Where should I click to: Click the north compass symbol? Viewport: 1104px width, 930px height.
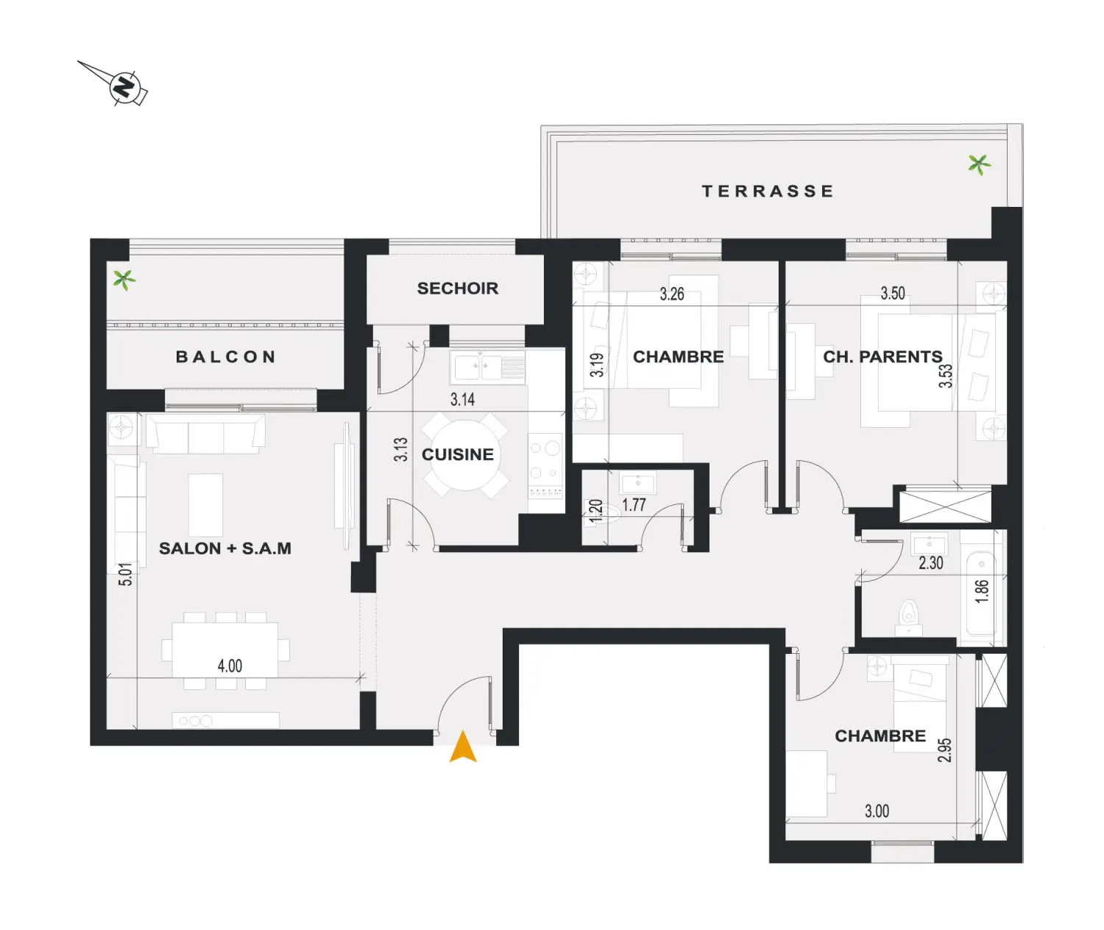(125, 85)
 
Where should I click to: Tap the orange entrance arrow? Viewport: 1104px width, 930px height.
(463, 747)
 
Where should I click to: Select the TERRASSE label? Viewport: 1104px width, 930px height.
(767, 191)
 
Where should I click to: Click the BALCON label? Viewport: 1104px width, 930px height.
(225, 356)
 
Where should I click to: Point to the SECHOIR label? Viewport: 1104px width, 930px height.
(457, 289)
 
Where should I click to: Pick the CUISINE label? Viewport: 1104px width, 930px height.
(457, 454)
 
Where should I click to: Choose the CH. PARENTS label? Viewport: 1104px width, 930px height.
(882, 356)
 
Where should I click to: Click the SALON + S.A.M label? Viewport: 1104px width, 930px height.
(224, 548)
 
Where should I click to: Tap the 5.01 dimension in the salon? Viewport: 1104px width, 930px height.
(125, 574)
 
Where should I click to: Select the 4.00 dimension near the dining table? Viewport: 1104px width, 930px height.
(230, 666)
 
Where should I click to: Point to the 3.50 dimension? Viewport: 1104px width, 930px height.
(893, 293)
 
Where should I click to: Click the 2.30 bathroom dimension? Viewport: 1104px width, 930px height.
(930, 563)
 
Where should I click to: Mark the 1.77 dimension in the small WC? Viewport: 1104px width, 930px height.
(634, 504)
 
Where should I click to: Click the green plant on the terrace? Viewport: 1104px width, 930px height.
(979, 164)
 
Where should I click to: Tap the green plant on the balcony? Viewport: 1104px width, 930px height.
(124, 279)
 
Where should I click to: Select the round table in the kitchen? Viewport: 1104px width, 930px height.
(464, 456)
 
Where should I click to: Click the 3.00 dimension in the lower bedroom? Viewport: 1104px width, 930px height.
(877, 811)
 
